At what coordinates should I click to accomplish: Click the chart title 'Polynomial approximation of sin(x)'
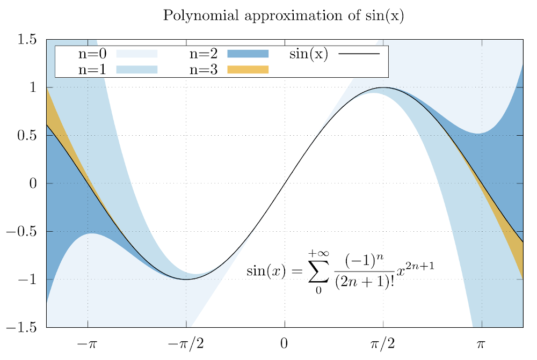[283, 16]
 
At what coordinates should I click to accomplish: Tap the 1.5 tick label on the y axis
[26, 40]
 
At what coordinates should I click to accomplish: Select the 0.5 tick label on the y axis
[26, 136]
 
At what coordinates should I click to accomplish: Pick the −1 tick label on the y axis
[28, 280]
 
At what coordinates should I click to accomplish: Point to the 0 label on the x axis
[285, 343]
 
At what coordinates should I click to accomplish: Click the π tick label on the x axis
[482, 343]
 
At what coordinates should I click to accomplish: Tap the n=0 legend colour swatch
[137, 54]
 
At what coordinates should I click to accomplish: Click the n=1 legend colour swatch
[137, 69]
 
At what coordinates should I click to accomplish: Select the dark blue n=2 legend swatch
[248, 54]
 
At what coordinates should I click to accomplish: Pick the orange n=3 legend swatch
[248, 69]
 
